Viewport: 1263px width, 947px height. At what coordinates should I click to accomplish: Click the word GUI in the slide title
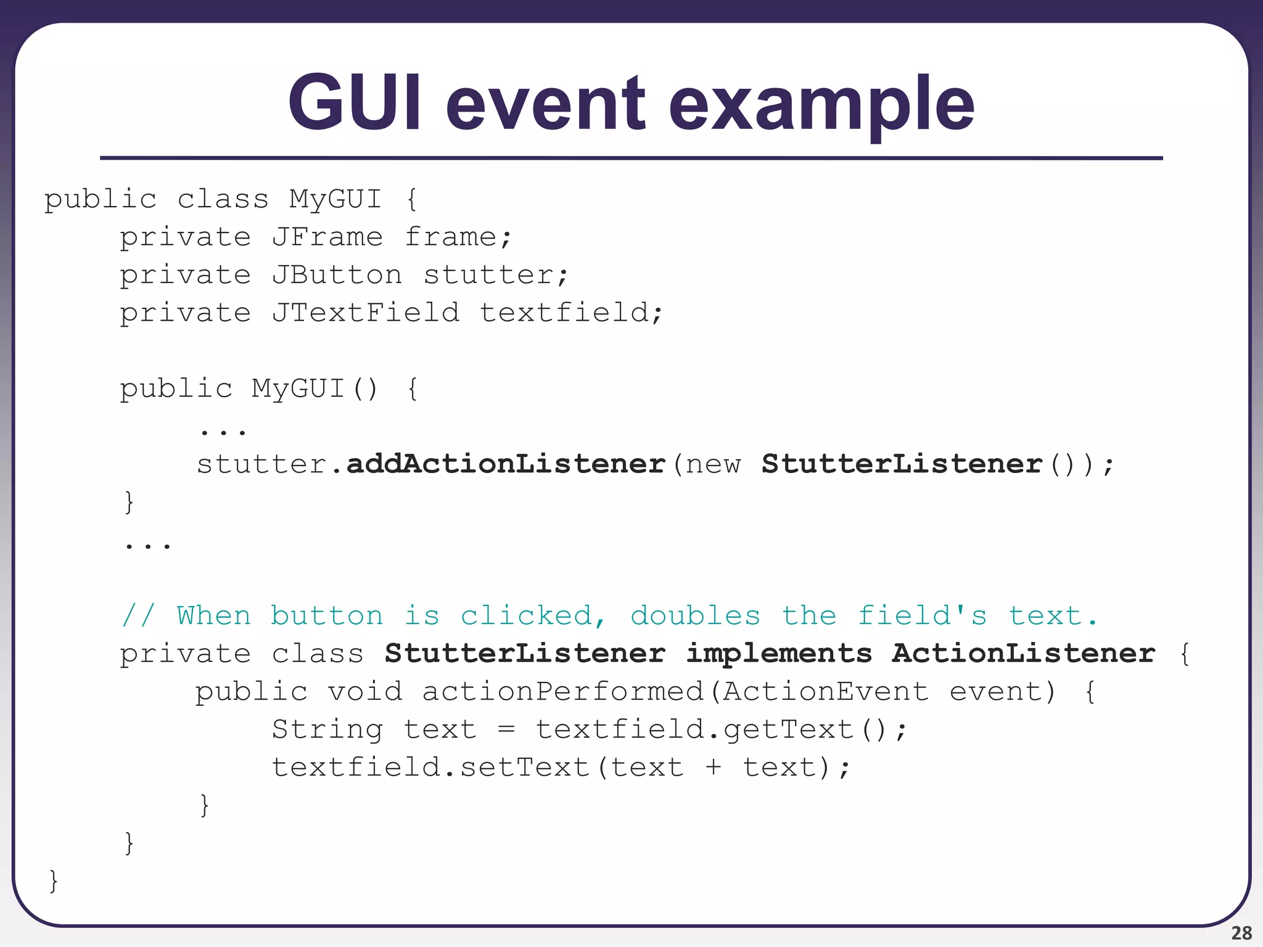pyautogui.click(x=355, y=102)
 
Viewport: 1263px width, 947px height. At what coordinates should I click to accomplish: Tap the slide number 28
pyautogui.click(x=1241, y=933)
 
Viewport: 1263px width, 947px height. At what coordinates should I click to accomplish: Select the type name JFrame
pyautogui.click(x=327, y=237)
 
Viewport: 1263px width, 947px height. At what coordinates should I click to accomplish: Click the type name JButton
pyautogui.click(x=337, y=275)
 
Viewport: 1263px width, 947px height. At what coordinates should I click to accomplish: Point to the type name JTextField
pyautogui.click(x=366, y=313)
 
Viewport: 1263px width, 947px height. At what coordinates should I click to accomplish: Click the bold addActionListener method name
pyautogui.click(x=506, y=464)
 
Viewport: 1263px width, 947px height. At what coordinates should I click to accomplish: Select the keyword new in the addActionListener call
pyautogui.click(x=713, y=464)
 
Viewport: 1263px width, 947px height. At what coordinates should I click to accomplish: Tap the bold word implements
pyautogui.click(x=779, y=654)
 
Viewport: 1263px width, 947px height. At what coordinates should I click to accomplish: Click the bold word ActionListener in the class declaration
pyautogui.click(x=1023, y=654)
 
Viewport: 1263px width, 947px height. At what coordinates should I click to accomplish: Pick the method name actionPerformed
pyautogui.click(x=562, y=692)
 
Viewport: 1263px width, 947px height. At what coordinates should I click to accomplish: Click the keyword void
pyautogui.click(x=364, y=692)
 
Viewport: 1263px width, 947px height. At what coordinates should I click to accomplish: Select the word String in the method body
pyautogui.click(x=327, y=730)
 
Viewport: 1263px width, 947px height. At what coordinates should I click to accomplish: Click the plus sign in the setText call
pyautogui.click(x=713, y=768)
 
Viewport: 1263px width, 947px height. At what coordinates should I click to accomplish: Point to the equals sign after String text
pyautogui.click(x=506, y=730)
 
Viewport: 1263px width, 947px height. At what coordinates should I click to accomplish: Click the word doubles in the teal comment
pyautogui.click(x=695, y=616)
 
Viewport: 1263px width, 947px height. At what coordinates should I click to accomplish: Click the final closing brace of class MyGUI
pyautogui.click(x=54, y=880)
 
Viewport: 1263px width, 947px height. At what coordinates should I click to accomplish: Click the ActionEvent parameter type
pyautogui.click(x=826, y=692)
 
